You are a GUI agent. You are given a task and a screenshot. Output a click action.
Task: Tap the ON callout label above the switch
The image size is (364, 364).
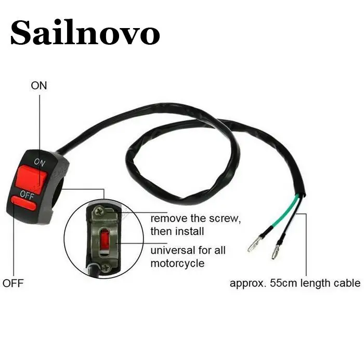39,85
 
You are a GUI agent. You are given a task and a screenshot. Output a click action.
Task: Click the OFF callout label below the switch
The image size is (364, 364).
13,283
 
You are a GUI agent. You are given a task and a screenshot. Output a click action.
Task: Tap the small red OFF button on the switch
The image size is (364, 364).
22,204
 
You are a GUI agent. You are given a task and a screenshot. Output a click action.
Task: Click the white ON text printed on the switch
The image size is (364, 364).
40,162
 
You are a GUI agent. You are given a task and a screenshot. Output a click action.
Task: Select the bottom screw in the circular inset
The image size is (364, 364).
106,267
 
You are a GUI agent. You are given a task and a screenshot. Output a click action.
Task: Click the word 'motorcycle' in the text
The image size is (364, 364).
177,263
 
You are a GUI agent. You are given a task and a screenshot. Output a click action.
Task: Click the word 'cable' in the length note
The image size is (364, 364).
346,283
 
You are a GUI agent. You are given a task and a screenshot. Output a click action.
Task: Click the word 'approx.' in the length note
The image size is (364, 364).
246,284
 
